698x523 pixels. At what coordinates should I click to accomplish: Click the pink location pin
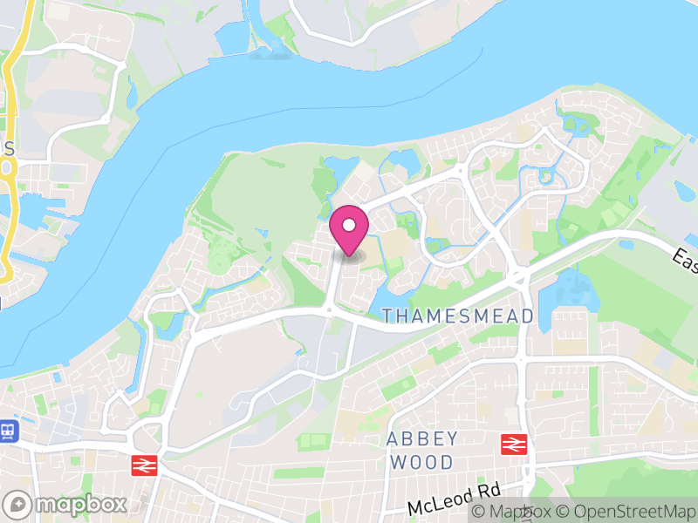coord(349,231)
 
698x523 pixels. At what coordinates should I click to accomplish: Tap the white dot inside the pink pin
coord(349,226)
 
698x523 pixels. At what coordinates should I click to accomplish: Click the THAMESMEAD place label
coord(458,316)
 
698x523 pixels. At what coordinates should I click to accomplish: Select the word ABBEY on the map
coord(422,438)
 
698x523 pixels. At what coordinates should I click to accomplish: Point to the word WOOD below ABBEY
coord(422,462)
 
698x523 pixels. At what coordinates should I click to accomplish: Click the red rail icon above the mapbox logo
coord(143,465)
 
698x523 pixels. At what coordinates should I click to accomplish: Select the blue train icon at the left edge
coord(9,430)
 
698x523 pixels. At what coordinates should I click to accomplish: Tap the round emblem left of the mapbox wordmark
coord(18,504)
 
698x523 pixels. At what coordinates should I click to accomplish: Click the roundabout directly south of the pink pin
coord(329,309)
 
